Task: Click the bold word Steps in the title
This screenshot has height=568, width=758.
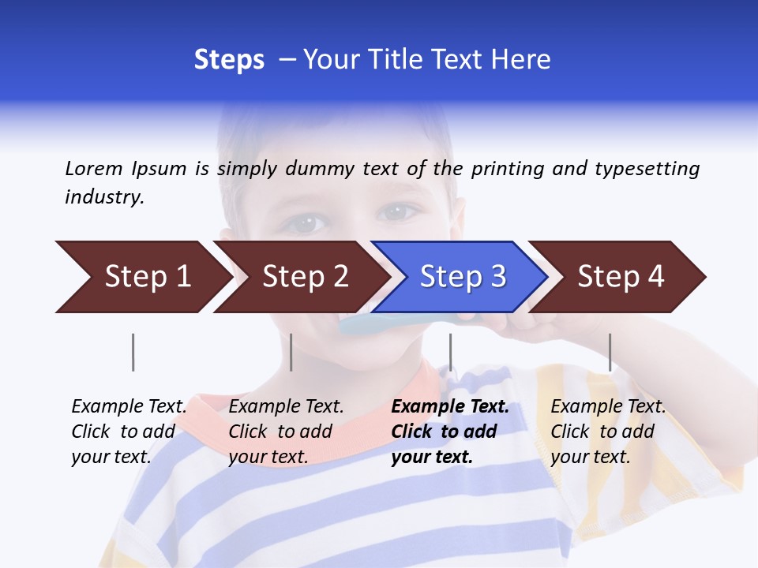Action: (229, 59)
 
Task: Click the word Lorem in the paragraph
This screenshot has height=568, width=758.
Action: (94, 168)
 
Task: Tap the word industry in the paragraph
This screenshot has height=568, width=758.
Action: (104, 196)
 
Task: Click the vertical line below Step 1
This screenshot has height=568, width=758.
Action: (133, 352)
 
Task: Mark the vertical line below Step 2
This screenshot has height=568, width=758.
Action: (291, 352)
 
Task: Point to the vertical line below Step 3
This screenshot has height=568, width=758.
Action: (450, 352)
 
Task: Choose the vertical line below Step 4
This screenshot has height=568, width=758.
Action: (610, 352)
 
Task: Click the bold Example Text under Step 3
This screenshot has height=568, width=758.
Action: (450, 407)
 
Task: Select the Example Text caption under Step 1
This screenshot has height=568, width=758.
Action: (129, 407)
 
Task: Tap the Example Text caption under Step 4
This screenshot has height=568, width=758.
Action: (608, 407)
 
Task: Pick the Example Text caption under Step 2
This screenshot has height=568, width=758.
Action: (286, 407)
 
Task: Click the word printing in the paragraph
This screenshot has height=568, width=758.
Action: (506, 168)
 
